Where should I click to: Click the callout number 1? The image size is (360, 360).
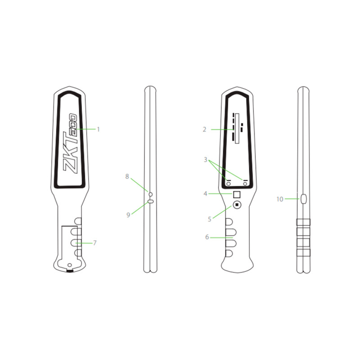pos(98,129)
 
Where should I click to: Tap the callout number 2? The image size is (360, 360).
pos(204,129)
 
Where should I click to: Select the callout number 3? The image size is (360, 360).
pos(205,160)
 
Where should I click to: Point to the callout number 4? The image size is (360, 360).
pos(205,194)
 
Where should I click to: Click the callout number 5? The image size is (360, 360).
pos(209,220)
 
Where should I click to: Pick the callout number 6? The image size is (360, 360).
pos(207,237)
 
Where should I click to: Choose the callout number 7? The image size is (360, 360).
pos(95,243)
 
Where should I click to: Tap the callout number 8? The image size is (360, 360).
pos(127,177)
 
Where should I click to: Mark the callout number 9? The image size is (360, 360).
pos(128,215)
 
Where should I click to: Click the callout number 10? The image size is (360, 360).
pos(280,198)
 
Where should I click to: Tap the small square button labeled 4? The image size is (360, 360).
pos(237,194)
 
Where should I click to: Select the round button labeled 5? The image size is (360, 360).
pos(237,206)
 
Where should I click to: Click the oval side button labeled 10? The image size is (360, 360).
pos(303,198)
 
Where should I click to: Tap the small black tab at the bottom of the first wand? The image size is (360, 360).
pos(70,271)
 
